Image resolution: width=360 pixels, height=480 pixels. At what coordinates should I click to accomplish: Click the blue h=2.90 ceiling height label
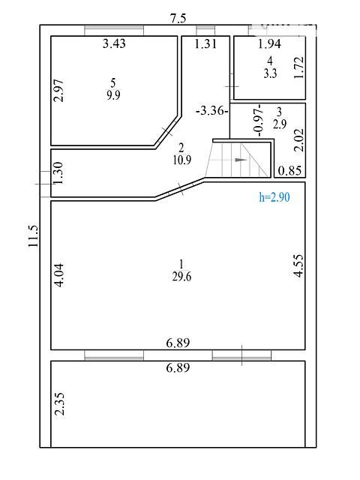[x=274, y=197]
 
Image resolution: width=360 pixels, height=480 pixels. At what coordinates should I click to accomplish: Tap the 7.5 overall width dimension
[x=178, y=18]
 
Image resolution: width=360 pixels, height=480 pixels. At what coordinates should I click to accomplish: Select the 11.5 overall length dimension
[x=33, y=236]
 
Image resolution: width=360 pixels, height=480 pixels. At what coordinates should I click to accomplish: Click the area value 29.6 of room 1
[x=181, y=277]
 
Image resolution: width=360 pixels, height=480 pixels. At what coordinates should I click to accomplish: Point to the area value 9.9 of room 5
[x=113, y=95]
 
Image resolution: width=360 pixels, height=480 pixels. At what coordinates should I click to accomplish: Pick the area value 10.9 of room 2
[x=181, y=160]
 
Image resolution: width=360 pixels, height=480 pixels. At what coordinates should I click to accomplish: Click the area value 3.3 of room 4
[x=270, y=73]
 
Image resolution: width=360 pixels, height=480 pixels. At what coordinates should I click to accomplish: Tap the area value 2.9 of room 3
[x=280, y=124]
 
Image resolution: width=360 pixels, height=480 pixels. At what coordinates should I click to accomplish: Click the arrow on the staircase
[x=241, y=160]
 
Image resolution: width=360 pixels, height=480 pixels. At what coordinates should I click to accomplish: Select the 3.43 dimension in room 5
[x=114, y=43]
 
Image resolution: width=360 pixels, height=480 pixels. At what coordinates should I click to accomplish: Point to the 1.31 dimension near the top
[x=205, y=43]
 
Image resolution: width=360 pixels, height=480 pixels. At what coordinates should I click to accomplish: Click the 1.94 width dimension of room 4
[x=269, y=43]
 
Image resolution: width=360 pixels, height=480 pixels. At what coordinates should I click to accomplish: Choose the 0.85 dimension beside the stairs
[x=290, y=170]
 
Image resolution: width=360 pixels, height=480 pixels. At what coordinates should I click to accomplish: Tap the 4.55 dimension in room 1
[x=298, y=265]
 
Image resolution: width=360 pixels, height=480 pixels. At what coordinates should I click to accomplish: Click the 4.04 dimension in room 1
[x=59, y=275]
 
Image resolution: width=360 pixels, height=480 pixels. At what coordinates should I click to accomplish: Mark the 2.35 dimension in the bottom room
[x=59, y=404]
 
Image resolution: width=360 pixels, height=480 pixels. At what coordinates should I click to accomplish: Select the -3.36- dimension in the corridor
[x=212, y=110]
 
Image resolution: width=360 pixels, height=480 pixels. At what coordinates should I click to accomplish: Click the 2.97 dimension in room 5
[x=58, y=91]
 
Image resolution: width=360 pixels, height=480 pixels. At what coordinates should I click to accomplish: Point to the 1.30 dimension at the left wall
[x=58, y=173]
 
